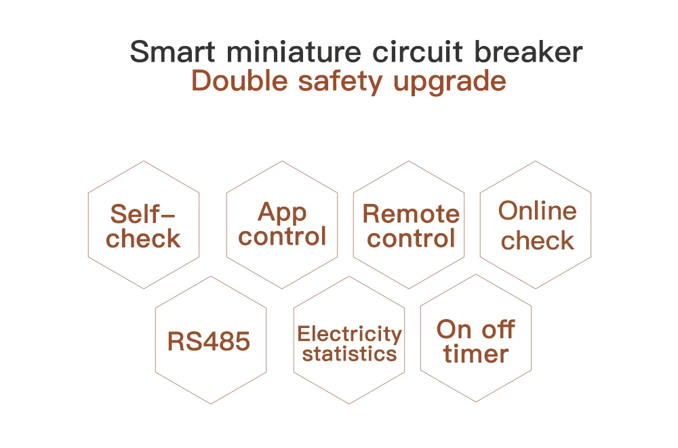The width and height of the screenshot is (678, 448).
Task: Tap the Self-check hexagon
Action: click(143, 225)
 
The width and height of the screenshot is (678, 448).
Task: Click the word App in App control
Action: click(282, 213)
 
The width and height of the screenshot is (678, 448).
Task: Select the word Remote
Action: click(411, 214)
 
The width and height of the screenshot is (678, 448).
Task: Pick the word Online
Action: click(538, 211)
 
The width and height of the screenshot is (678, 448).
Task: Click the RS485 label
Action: click(209, 342)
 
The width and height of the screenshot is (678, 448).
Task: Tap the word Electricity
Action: click(349, 334)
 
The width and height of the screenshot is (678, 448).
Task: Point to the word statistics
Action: click(349, 354)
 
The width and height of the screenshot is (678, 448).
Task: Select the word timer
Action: click(476, 354)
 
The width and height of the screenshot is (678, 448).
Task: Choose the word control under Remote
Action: click(411, 239)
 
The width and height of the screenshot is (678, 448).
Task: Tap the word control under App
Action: click(282, 237)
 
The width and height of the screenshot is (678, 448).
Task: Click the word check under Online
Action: click(538, 241)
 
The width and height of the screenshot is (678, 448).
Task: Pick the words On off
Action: click(476, 330)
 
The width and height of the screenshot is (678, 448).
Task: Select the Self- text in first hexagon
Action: click(143, 214)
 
